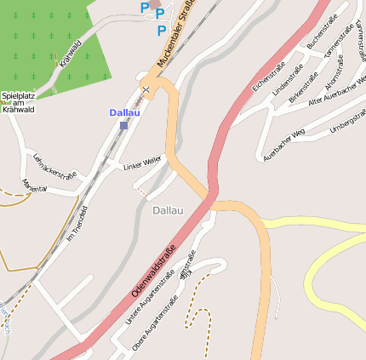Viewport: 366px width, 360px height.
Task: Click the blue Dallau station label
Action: [x=124, y=112]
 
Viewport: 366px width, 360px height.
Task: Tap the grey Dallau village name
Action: [x=168, y=210]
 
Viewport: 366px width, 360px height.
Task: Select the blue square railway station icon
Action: [x=123, y=125]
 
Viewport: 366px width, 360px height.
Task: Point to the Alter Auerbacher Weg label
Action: [x=338, y=94]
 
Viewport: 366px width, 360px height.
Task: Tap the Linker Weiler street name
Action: [x=142, y=162]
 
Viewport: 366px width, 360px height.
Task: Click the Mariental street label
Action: [x=34, y=186]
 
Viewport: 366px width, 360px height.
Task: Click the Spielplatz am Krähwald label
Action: [x=18, y=102]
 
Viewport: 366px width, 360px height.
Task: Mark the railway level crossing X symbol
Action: [x=146, y=89]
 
